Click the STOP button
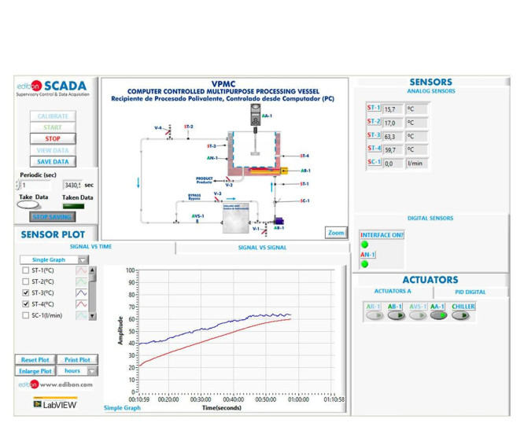pyautogui.click(x=53, y=138)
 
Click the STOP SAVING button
pyautogui.click(x=53, y=216)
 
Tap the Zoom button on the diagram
pyautogui.click(x=336, y=233)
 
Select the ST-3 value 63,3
pyautogui.click(x=393, y=134)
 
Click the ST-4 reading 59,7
pyautogui.click(x=393, y=149)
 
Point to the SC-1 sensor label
pyautogui.click(x=374, y=162)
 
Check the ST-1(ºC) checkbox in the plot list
pyautogui.click(x=26, y=270)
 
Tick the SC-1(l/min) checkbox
pyautogui.click(x=26, y=314)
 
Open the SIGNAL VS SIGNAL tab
pyautogui.click(x=262, y=248)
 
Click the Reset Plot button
pyautogui.click(x=35, y=359)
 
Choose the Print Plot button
pyautogui.click(x=77, y=359)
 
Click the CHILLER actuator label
pyautogui.click(x=463, y=307)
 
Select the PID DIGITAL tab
pyautogui.click(x=471, y=292)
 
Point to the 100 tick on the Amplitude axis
pyautogui.click(x=130, y=270)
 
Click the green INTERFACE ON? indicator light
pyautogui.click(x=365, y=245)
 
